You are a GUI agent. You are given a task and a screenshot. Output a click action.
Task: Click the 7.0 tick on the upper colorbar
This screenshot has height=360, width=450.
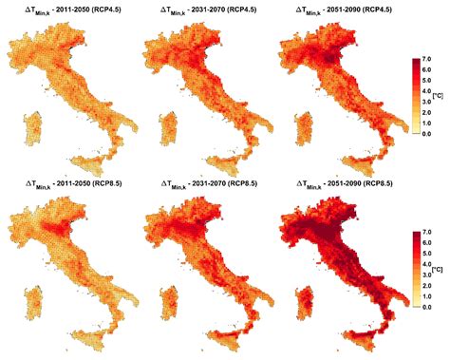[429, 59]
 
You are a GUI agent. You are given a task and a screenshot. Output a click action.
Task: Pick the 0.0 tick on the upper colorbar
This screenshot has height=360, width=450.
[429, 134]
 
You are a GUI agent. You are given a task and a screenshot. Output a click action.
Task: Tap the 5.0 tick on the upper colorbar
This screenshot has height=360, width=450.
[429, 81]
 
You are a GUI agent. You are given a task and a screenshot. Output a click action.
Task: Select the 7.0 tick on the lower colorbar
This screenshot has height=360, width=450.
[429, 232]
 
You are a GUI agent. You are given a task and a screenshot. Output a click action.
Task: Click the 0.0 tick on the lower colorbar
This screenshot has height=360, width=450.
[429, 308]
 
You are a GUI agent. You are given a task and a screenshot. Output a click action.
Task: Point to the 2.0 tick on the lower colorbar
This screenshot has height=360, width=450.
[429, 286]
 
